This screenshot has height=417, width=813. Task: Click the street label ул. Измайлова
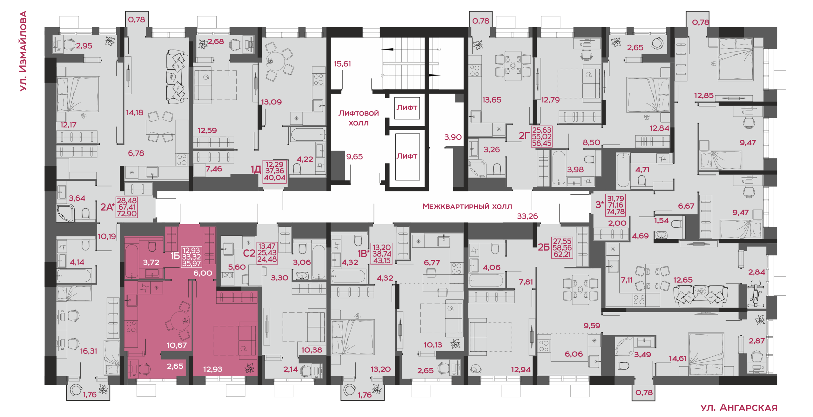pyautogui.click(x=23, y=51)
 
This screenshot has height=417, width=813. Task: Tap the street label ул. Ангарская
pyautogui.click(x=739, y=407)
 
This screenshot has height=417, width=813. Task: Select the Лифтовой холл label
pyautogui.click(x=359, y=118)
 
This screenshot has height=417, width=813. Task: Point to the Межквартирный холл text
pyautogui.click(x=467, y=206)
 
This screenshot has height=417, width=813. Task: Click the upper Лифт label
pyautogui.click(x=407, y=108)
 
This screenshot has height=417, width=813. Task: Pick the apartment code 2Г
pyautogui.click(x=524, y=136)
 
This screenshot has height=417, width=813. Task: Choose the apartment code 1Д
pyautogui.click(x=256, y=169)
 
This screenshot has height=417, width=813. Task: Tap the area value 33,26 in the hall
pyautogui.click(x=527, y=216)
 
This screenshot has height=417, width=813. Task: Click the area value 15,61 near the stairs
pyautogui.click(x=342, y=64)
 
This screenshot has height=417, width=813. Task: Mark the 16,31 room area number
pyautogui.click(x=89, y=351)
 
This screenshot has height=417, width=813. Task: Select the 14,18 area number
pyautogui.click(x=135, y=113)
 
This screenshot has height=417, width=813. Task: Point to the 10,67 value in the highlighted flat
pyautogui.click(x=177, y=345)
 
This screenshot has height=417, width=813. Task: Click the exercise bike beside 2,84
pyautogui.click(x=756, y=293)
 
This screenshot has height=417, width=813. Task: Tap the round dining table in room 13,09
pyautogui.click(x=275, y=61)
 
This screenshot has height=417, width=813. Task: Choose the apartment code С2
pyautogui.click(x=249, y=253)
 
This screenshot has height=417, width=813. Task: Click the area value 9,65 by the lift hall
pyautogui.click(x=354, y=157)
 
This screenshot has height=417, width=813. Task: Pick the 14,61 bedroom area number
pyautogui.click(x=677, y=359)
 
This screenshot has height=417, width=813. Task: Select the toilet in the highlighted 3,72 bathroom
pyautogui.click(x=152, y=246)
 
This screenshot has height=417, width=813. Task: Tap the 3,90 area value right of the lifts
pyautogui.click(x=453, y=137)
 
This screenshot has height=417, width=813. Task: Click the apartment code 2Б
pyautogui.click(x=544, y=247)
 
